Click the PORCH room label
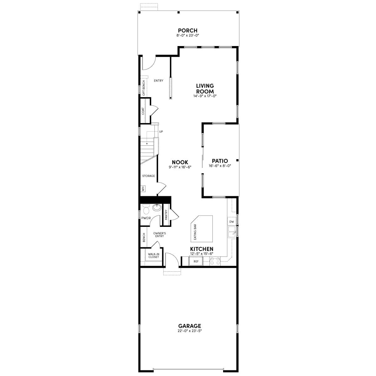[188, 30]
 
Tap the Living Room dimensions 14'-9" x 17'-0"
[205, 96]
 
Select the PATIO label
[220, 161]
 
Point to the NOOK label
[180, 162]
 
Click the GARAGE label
[190, 326]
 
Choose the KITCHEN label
[201, 249]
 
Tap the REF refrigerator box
[196, 261]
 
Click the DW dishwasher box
[232, 222]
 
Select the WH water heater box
[143, 189]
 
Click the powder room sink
[157, 207]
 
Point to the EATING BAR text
[195, 232]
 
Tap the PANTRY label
[166, 215]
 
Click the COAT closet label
[143, 111]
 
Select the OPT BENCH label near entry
[144, 88]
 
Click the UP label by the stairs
[161, 132]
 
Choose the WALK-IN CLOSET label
[154, 255]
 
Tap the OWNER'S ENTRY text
[159, 235]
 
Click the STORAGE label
[149, 176]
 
